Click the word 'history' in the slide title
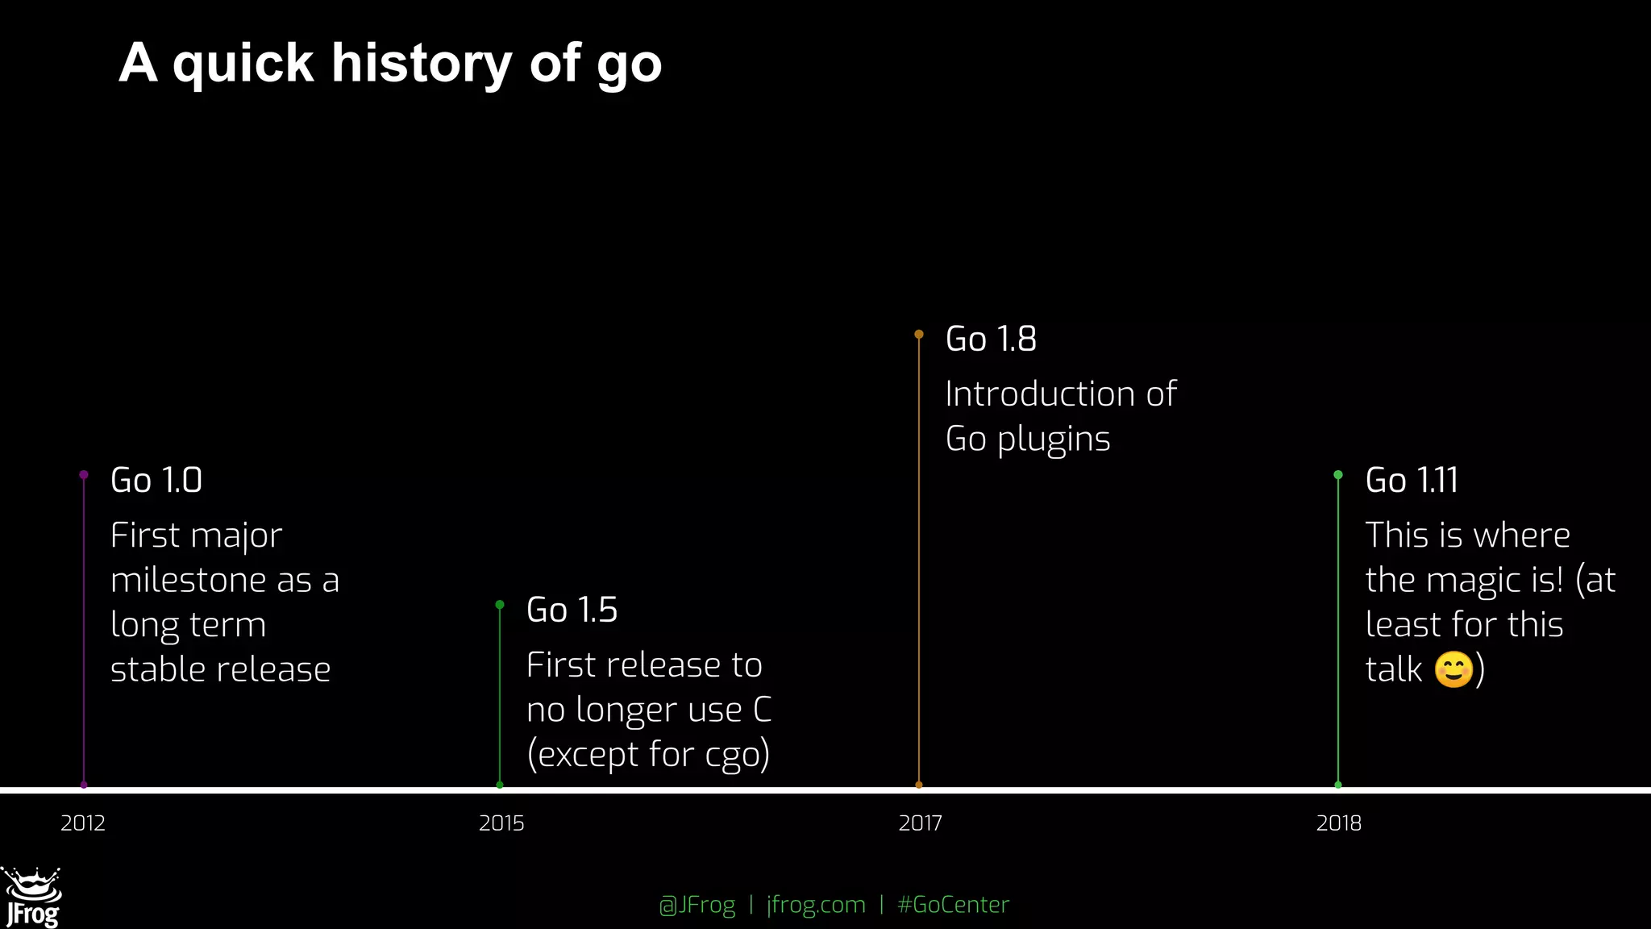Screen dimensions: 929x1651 click(x=422, y=63)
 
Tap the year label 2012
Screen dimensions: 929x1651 click(x=83, y=823)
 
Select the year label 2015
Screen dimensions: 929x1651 click(x=501, y=823)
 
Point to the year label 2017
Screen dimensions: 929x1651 click(x=920, y=823)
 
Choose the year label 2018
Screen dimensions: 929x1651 click(x=1338, y=823)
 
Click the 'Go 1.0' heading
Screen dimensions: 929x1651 click(x=156, y=481)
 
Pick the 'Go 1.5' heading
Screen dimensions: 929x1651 click(x=572, y=610)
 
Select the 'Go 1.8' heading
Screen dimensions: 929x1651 click(x=991, y=340)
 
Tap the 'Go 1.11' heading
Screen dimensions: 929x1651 click(x=1412, y=481)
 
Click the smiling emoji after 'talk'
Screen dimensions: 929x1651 click(x=1454, y=669)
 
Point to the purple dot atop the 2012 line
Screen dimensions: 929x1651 click(x=84, y=475)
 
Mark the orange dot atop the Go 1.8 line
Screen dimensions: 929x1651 click(x=919, y=334)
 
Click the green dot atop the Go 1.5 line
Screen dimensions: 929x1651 click(x=500, y=605)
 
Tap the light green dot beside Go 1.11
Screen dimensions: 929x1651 click(x=1338, y=475)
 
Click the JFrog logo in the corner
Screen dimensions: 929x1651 click(x=32, y=898)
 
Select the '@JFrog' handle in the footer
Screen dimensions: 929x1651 click(x=697, y=905)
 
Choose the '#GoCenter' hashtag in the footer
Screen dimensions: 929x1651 click(x=953, y=905)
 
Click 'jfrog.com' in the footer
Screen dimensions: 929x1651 click(x=816, y=905)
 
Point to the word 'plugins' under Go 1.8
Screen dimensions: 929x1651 click(x=1054, y=440)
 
